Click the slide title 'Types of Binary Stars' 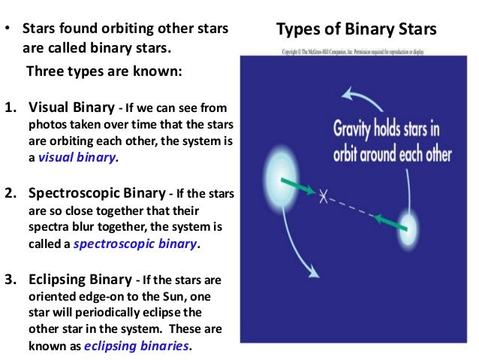click(356, 31)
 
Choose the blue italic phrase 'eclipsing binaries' click(137, 346)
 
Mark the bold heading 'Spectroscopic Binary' click(91, 194)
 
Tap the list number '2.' click(11, 194)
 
